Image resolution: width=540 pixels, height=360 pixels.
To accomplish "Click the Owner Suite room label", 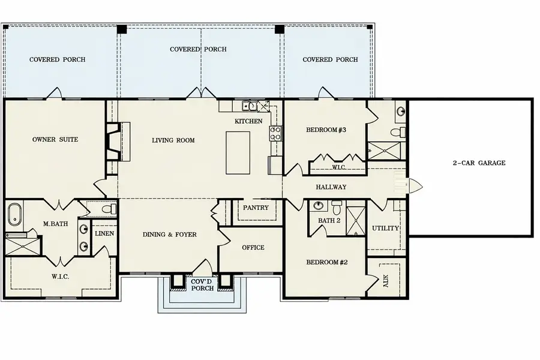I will click(x=55, y=140).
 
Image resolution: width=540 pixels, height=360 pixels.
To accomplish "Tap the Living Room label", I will click(x=173, y=140).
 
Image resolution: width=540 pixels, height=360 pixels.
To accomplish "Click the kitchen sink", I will click(x=249, y=107).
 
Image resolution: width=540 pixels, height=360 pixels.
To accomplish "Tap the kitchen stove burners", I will click(x=277, y=133).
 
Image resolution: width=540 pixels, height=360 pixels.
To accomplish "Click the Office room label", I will click(x=253, y=248).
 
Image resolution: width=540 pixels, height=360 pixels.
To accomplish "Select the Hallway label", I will click(x=331, y=187).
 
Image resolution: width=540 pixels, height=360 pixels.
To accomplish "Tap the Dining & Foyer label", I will click(x=169, y=235).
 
